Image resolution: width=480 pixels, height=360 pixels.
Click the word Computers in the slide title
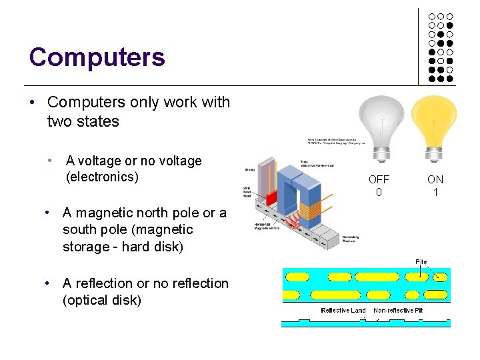[x=97, y=57]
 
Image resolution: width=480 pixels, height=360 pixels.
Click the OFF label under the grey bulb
[x=379, y=179]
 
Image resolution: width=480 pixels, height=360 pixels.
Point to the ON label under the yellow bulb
[x=435, y=179]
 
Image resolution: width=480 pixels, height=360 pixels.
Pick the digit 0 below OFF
[x=379, y=193]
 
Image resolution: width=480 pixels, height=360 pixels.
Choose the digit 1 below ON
[x=435, y=193]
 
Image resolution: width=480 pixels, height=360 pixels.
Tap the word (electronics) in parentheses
[x=102, y=177]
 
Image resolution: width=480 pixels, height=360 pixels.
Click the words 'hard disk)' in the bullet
[x=160, y=247]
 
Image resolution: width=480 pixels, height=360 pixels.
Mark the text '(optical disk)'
[x=102, y=300]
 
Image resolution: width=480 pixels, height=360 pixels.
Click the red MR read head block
[x=271, y=197]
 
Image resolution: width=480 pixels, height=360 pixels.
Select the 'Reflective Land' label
[x=343, y=311]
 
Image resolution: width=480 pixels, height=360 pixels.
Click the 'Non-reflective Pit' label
[x=398, y=311]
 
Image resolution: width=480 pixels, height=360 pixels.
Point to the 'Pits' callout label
[x=421, y=261]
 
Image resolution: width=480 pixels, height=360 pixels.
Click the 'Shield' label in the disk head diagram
[x=250, y=169]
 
